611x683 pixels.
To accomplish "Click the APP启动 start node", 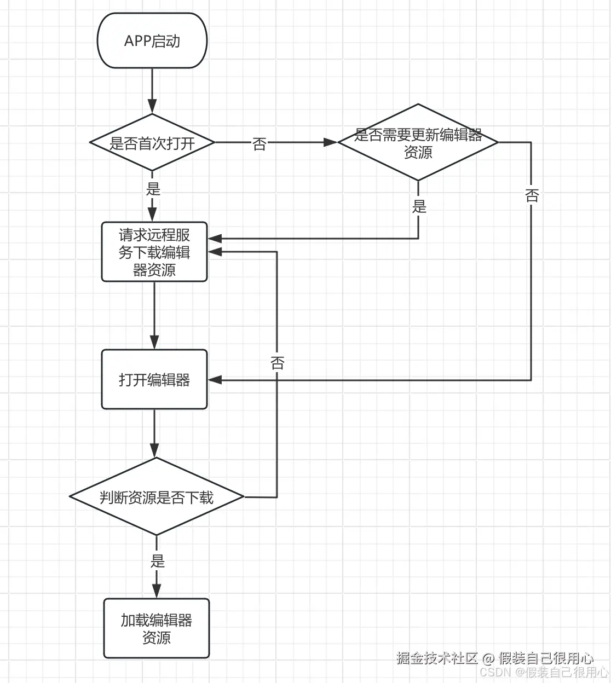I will pyautogui.click(x=152, y=41).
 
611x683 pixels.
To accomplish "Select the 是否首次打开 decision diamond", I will pyautogui.click(x=152, y=143).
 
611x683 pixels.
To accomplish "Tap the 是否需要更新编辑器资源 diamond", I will pyautogui.click(x=418, y=143).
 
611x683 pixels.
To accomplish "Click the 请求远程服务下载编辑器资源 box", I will pyautogui.click(x=154, y=252).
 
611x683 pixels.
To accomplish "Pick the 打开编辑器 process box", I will pyautogui.click(x=154, y=380).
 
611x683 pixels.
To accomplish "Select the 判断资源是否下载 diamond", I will pyautogui.click(x=157, y=497).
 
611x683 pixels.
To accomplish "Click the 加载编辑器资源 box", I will pyautogui.click(x=157, y=628).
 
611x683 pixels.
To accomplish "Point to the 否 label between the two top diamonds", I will pyautogui.click(x=260, y=144).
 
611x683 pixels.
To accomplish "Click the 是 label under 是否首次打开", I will pyautogui.click(x=153, y=189).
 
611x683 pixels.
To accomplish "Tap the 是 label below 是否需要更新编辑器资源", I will pyautogui.click(x=419, y=206).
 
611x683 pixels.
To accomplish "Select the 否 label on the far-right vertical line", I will pyautogui.click(x=532, y=195).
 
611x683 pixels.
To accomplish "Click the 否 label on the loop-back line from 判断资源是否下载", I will pyautogui.click(x=278, y=363).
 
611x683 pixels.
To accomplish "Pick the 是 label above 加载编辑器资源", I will pyautogui.click(x=157, y=561).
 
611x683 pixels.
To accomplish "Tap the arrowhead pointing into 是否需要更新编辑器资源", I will pyautogui.click(x=331, y=142).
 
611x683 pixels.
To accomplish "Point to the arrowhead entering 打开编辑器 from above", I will pyautogui.click(x=154, y=342).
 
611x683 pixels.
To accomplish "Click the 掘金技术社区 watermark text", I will pyautogui.click(x=437, y=657).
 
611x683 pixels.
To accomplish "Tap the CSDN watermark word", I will pyautogui.click(x=495, y=672).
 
